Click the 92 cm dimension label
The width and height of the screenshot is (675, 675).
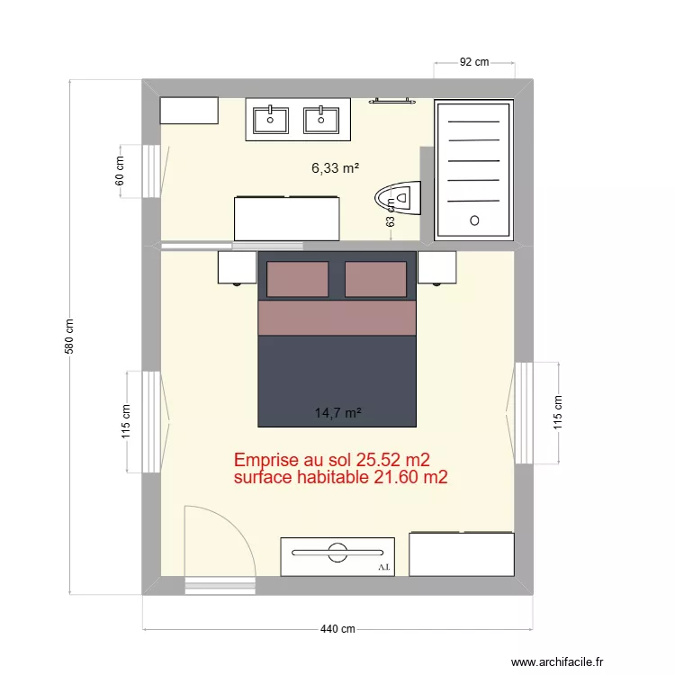click(x=474, y=62)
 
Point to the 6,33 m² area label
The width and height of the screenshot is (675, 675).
click(x=336, y=167)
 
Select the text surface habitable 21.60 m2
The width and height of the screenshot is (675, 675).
click(x=340, y=478)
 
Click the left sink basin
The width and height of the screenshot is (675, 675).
click(x=271, y=119)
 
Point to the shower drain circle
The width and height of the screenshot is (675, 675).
click(x=474, y=220)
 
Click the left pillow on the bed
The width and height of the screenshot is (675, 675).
click(x=301, y=279)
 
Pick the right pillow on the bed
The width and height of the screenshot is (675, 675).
click(x=376, y=279)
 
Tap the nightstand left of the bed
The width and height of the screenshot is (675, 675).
click(x=238, y=267)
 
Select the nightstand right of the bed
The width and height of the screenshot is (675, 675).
click(x=437, y=267)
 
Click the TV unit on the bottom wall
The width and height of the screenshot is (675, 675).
click(x=337, y=556)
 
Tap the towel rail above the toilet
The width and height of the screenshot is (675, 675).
click(x=392, y=102)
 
